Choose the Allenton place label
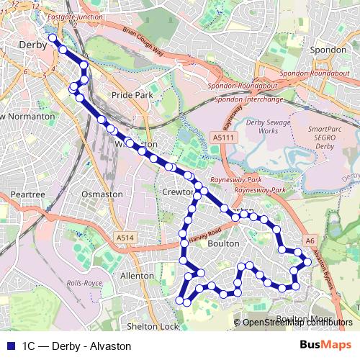[138, 275]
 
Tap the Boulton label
[223, 244]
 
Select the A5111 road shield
[222, 137]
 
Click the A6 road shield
[310, 240]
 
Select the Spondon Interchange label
[249, 99]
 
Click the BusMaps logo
[324, 345]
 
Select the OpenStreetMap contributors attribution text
[297, 322]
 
